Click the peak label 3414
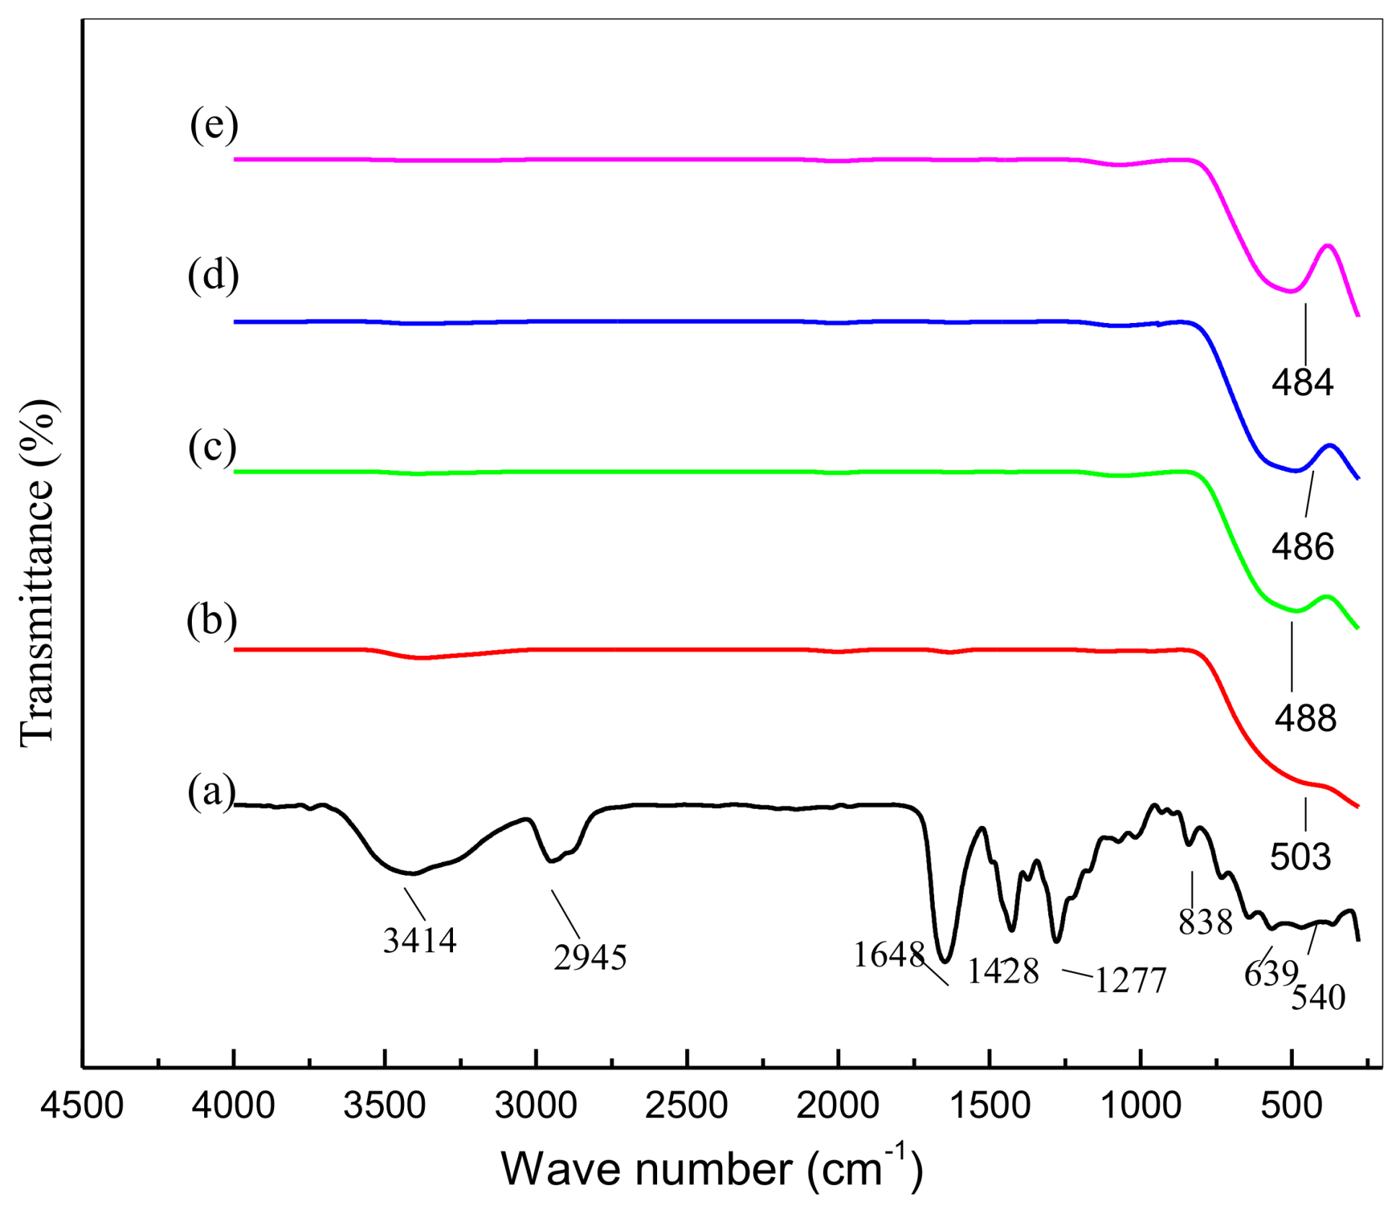tap(420, 941)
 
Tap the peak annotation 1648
tap(889, 956)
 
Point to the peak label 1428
tap(1003, 972)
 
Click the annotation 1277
tap(1130, 981)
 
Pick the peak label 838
tap(1206, 922)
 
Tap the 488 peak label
tap(1306, 719)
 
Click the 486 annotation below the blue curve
tap(1303, 547)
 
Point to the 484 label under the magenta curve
tap(1303, 382)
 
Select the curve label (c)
tap(212, 446)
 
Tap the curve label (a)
tap(211, 792)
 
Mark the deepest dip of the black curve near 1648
tap(946, 961)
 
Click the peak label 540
tap(1318, 998)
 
